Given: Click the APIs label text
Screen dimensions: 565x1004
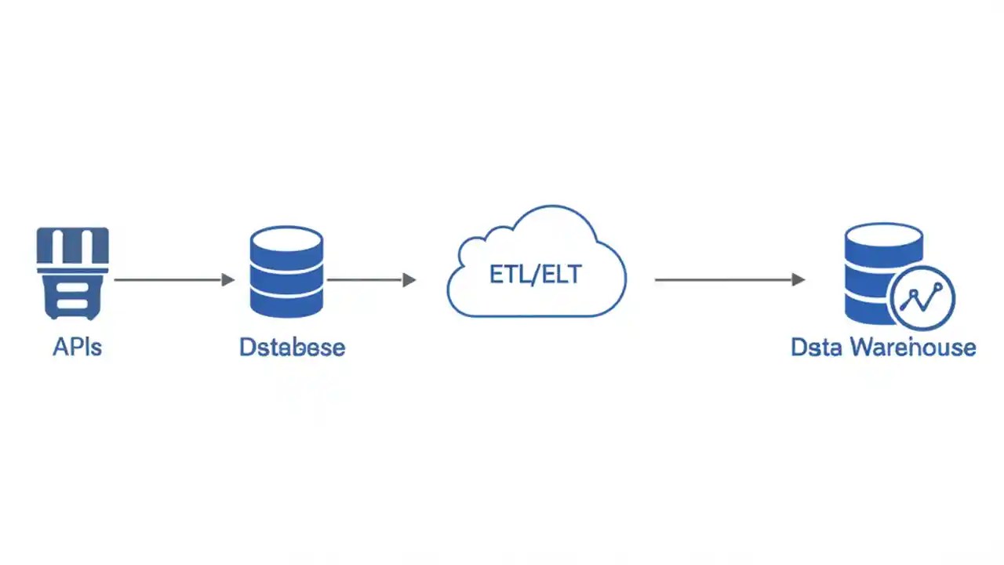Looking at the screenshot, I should click(77, 347).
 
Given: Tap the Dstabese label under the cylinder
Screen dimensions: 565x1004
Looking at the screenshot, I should click(292, 347).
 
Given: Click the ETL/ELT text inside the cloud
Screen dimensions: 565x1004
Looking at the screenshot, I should click(536, 275).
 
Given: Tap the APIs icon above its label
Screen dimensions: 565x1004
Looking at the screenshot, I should click(72, 273).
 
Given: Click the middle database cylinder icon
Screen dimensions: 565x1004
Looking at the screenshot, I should click(286, 272).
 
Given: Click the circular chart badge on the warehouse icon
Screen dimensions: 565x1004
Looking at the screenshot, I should click(923, 298).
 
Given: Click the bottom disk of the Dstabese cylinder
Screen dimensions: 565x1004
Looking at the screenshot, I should click(286, 303).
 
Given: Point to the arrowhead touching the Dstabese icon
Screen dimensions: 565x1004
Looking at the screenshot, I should click(228, 279).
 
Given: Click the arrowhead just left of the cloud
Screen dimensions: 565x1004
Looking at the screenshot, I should click(409, 279).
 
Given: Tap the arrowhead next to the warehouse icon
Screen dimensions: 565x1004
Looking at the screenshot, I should click(798, 279).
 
